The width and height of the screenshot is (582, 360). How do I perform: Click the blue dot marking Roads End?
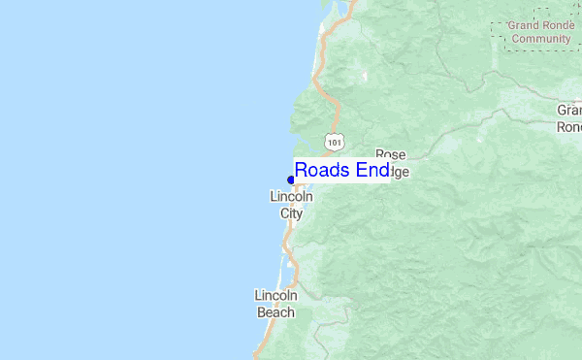[x=291, y=180]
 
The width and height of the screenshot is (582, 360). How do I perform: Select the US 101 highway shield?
[x=334, y=143]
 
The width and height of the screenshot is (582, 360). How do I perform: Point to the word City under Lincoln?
[x=291, y=213]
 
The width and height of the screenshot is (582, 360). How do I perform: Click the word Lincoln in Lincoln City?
[x=291, y=197]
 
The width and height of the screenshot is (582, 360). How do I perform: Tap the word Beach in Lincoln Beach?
[x=275, y=312]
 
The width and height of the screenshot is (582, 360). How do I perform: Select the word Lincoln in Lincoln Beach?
[x=275, y=295]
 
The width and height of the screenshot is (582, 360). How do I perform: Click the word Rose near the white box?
[x=390, y=154]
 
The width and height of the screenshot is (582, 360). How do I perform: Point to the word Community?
[x=541, y=39]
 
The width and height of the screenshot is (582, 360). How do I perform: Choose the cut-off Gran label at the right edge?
[x=569, y=111]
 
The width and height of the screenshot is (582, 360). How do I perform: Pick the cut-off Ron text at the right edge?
[x=570, y=127]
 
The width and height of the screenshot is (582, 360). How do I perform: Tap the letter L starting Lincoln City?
[x=273, y=197]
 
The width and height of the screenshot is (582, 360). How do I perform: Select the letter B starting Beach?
[x=261, y=312]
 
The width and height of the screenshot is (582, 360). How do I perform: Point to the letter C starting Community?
[x=516, y=39]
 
